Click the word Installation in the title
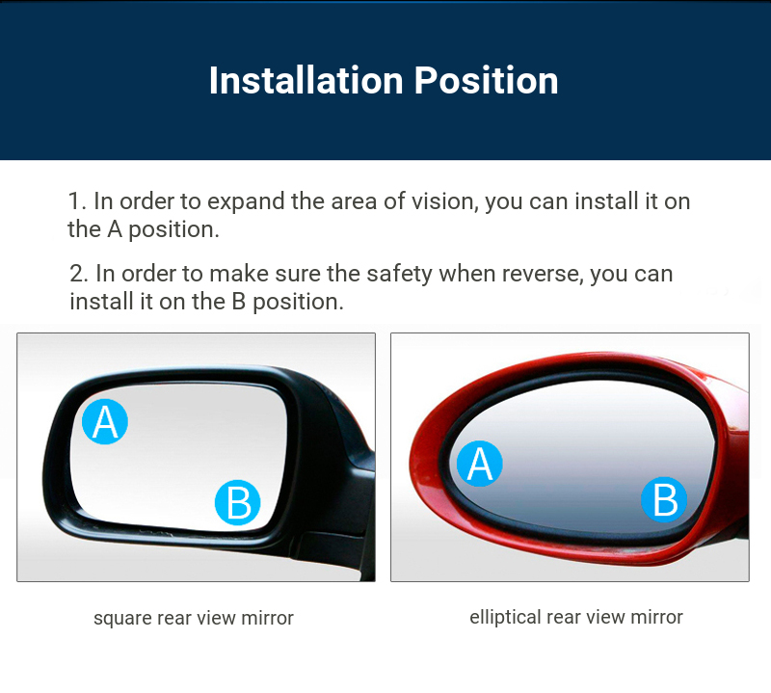tap(306, 80)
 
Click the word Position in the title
tap(486, 80)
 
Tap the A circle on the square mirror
tap(105, 421)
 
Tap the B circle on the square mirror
tap(237, 502)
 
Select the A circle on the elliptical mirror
tap(479, 464)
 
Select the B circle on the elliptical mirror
tap(664, 499)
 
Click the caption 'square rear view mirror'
tap(194, 618)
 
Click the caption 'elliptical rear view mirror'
tap(575, 617)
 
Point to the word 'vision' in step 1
tap(445, 201)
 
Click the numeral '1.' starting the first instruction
tap(77, 201)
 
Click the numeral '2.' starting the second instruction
tap(79, 274)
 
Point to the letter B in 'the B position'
tap(238, 302)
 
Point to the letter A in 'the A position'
tap(115, 229)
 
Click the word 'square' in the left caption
tap(122, 619)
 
